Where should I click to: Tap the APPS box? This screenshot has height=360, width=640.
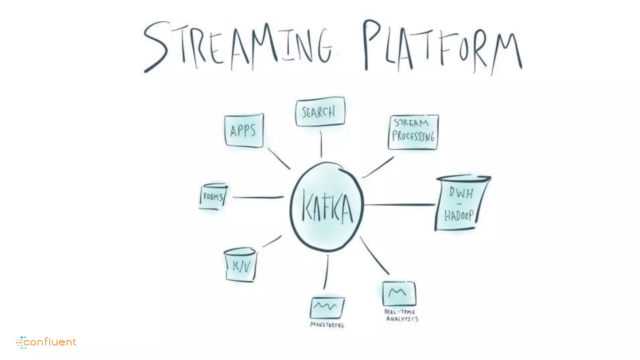(244, 130)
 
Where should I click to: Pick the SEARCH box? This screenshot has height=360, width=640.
(320, 112)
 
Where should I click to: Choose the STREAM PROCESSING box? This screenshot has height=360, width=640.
(413, 132)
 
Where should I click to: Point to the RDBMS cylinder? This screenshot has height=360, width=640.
(213, 196)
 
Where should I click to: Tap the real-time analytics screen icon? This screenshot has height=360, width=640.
(399, 293)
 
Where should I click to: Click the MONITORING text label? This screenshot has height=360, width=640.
(327, 325)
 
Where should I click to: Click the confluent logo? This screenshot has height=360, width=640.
(46, 342)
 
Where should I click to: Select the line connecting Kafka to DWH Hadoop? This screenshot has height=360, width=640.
(399, 205)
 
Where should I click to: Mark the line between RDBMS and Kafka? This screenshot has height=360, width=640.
(258, 197)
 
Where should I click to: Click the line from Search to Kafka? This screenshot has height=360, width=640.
(321, 144)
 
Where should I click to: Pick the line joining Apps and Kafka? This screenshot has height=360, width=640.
(279, 158)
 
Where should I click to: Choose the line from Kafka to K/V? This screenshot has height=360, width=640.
(272, 241)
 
